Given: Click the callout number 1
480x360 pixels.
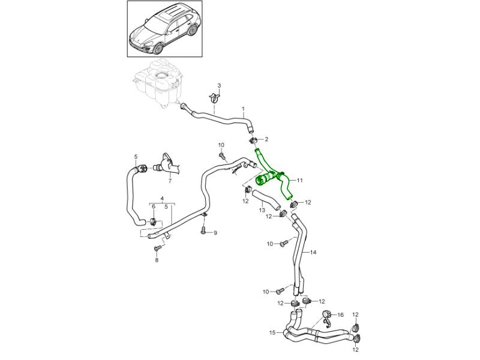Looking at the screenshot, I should click(244, 109).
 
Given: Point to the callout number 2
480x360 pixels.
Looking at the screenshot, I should click(266, 139).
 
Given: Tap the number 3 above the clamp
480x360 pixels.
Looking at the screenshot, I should click(219, 86).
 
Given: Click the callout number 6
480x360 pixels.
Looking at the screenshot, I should click(154, 206).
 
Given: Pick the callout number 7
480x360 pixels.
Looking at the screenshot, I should click(169, 181).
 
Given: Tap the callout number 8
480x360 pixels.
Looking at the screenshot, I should click(157, 260).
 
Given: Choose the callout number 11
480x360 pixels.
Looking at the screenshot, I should click(300, 180).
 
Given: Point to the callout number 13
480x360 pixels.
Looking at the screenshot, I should click(262, 211).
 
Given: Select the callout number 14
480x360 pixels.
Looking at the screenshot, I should click(313, 252).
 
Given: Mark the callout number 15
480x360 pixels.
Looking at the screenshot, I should click(272, 332).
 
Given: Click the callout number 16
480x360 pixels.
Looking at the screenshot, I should click(340, 314).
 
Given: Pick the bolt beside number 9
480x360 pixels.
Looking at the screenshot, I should click(204, 230).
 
